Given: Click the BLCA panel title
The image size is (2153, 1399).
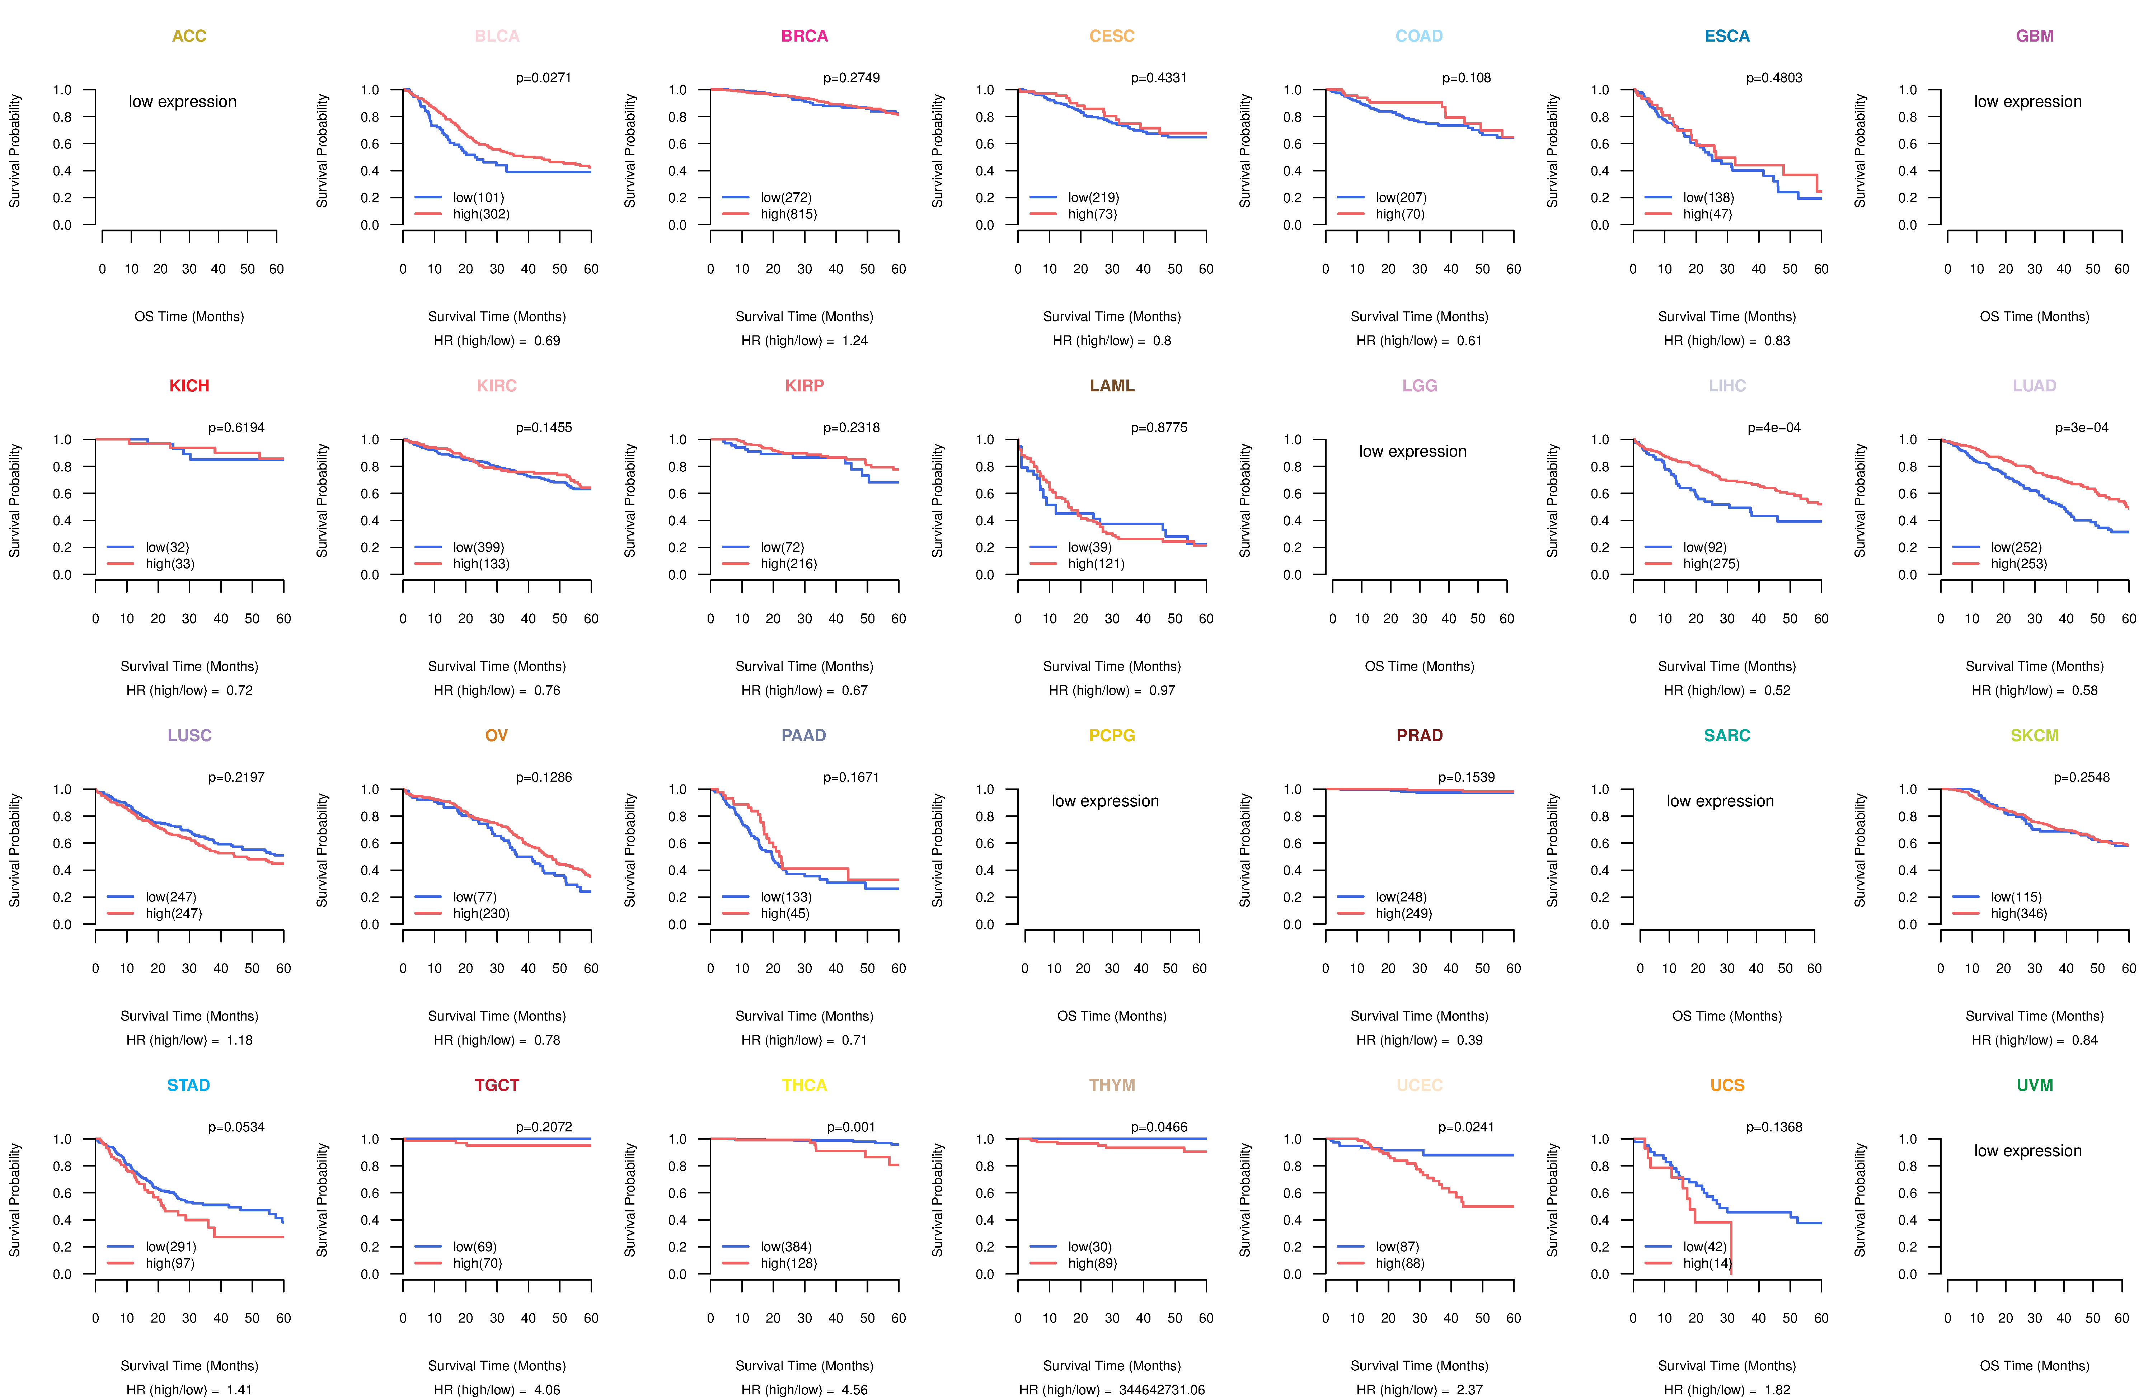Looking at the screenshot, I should (x=497, y=36).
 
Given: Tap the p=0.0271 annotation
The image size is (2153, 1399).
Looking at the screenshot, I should (x=544, y=78).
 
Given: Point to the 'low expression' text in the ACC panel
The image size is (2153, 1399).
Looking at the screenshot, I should (x=183, y=101).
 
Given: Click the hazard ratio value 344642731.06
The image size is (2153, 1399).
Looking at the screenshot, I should (x=1162, y=1390).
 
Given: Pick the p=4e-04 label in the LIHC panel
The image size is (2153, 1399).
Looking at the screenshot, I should (x=1774, y=428).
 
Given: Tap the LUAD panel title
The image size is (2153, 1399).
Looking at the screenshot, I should (x=2035, y=386).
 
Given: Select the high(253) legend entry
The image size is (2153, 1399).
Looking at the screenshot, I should (x=2018, y=564).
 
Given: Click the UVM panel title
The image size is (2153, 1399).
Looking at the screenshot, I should (x=2035, y=1085).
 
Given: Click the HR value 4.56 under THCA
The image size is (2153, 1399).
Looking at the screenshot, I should (x=855, y=1390).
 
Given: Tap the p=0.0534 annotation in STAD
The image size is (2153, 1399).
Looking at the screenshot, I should (x=236, y=1127).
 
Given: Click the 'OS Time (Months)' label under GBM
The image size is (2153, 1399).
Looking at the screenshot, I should (x=2035, y=316).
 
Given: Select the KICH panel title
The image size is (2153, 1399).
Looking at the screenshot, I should (x=189, y=386).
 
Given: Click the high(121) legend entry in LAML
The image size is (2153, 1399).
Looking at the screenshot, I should (x=1096, y=564).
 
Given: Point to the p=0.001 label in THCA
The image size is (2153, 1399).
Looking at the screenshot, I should (x=851, y=1127).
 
